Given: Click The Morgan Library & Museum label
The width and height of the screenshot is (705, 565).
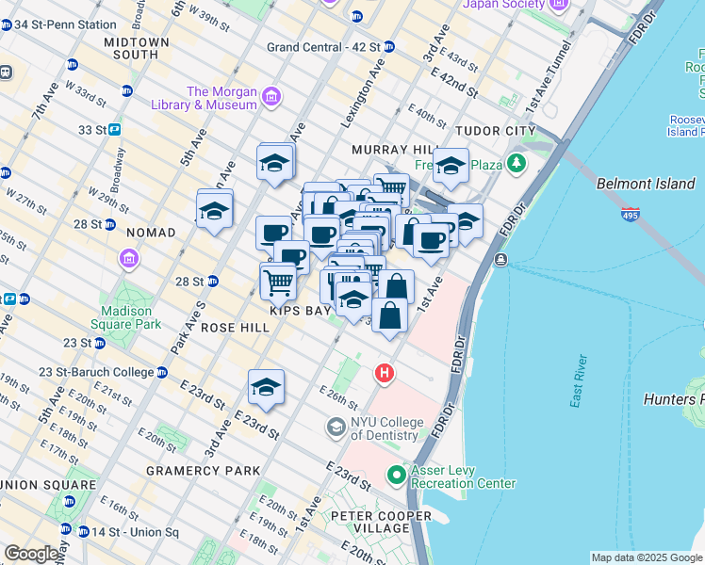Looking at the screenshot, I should click(221, 98).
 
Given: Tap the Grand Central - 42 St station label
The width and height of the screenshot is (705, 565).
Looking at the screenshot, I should click(323, 46).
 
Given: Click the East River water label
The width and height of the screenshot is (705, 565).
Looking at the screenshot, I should click(578, 381).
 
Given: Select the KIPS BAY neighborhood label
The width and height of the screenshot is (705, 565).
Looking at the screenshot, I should click(299, 310).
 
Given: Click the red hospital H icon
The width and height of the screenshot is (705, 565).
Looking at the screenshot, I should click(384, 374).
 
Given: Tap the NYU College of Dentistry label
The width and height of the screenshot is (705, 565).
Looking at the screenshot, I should click(384, 429).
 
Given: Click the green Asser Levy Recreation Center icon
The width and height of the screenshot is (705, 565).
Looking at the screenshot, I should click(397, 476).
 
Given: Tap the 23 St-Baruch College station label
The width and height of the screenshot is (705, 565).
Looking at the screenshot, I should click(96, 372).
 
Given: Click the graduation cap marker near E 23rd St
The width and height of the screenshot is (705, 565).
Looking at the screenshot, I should click(267, 388).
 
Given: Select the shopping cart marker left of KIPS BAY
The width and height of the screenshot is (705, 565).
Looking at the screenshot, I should click(278, 281).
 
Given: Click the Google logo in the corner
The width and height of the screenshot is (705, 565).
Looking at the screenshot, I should click(33, 554).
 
